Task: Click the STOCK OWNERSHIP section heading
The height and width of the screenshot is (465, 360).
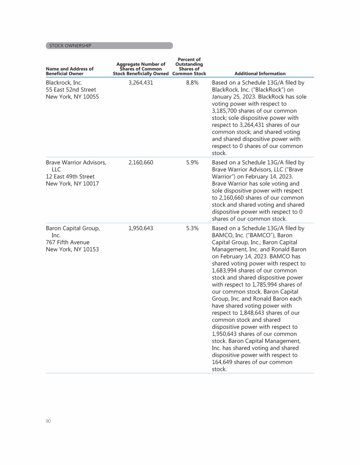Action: point(70,45)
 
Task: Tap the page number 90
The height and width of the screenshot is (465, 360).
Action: point(48,421)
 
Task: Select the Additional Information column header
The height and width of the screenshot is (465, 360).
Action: point(260,74)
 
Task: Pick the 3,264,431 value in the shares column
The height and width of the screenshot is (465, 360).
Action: point(140,82)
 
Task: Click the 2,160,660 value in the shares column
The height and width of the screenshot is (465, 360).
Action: point(140,162)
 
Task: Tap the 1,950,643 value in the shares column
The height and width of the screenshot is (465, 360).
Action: point(140,229)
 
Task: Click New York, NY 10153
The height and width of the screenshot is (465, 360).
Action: point(72,249)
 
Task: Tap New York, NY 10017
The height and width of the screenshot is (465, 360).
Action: point(72,184)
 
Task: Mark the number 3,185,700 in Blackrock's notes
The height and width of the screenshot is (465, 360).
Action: point(227,111)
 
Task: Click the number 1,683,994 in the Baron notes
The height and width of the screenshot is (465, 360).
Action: point(227,271)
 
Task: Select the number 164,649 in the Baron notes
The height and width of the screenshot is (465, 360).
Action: point(226,362)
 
